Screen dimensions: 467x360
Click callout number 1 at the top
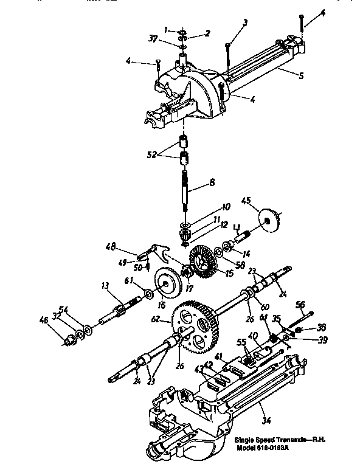pos(166,29)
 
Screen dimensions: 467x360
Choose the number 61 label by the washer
pos(129,280)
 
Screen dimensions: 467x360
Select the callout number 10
pos(209,207)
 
